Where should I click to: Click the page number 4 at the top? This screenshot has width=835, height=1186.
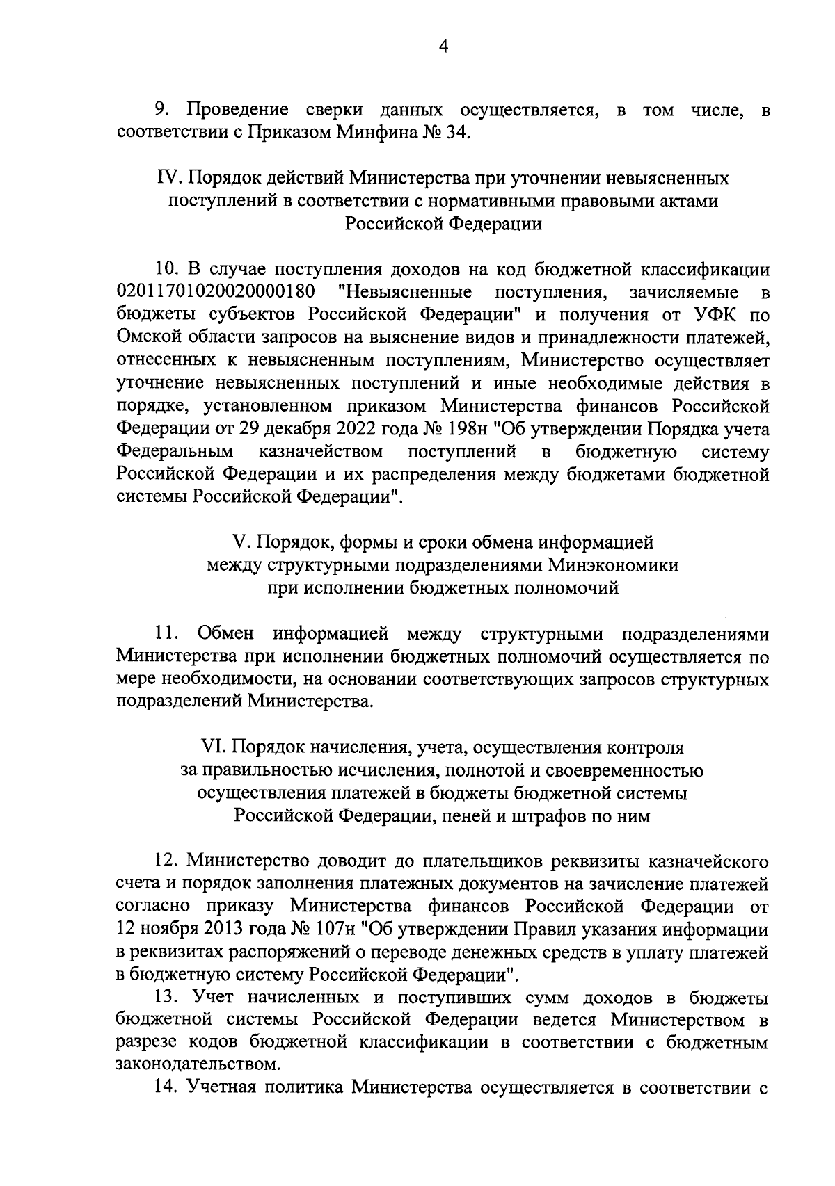tap(443, 47)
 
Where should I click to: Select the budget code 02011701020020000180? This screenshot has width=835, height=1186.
tap(216, 291)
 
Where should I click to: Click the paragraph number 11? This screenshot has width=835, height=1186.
tap(168, 633)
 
